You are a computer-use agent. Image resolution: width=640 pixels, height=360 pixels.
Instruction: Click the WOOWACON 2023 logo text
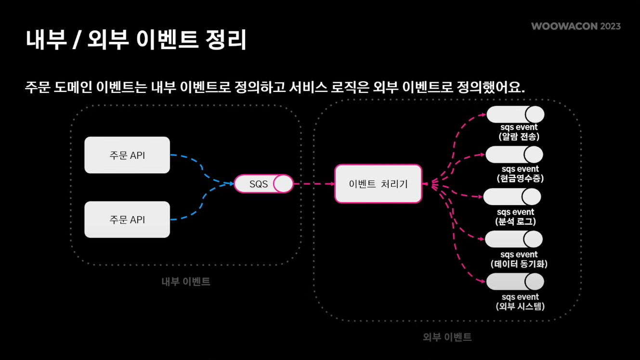point(576,26)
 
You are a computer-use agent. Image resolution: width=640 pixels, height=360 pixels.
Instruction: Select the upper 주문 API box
point(127,155)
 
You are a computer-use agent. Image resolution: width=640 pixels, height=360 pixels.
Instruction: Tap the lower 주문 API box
point(127,219)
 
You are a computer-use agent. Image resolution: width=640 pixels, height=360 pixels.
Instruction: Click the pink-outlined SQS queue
point(263,184)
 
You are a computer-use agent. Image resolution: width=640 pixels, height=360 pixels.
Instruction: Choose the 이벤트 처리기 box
point(378,184)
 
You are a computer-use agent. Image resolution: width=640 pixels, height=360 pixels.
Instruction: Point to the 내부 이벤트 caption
point(186,282)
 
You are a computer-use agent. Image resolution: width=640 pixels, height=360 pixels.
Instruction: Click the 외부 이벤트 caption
point(447,337)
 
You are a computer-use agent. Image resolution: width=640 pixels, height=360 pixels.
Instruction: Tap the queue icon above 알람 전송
point(515,115)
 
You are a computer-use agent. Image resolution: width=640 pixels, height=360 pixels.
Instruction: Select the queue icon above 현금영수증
point(514,154)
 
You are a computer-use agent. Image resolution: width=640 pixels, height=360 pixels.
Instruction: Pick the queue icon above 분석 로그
point(512,197)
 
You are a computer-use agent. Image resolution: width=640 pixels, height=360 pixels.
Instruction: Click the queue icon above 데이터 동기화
point(514,239)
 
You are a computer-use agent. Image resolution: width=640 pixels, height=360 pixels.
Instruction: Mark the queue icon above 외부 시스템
point(515,282)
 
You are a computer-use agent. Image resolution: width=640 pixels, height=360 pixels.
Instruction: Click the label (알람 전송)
point(519,137)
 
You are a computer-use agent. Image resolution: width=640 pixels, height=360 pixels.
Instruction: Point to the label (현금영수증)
point(520,179)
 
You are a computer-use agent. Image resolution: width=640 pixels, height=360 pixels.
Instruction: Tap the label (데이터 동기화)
point(519,264)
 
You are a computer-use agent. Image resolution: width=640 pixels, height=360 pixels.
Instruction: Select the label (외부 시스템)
point(520,306)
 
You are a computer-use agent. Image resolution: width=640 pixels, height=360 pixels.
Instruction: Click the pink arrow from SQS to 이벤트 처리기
point(313,184)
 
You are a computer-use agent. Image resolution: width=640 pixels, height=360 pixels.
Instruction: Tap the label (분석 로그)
point(515,221)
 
